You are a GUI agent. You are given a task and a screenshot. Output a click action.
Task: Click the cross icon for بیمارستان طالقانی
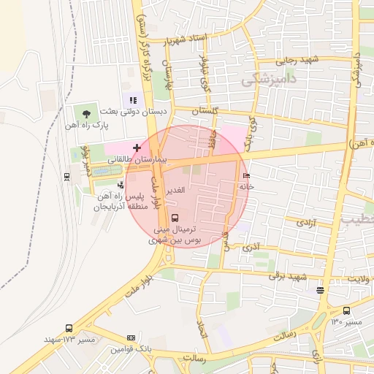coord(137,148)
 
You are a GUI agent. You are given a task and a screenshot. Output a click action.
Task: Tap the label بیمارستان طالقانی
coord(139,159)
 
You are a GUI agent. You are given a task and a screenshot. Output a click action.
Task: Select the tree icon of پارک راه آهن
coord(87,113)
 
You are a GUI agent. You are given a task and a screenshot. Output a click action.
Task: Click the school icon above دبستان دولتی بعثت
coord(132,100)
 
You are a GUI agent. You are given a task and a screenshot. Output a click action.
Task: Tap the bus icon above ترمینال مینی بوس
coord(175,217)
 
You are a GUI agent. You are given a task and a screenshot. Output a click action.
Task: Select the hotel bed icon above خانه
coord(245,176)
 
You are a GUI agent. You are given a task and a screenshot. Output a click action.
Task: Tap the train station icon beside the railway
coord(67,176)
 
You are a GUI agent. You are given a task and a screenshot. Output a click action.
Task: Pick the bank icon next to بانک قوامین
coord(131,337)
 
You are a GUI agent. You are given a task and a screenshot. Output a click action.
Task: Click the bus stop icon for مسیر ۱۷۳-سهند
coord(69,329)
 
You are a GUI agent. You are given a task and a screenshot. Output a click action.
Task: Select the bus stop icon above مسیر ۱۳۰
coord(346,310)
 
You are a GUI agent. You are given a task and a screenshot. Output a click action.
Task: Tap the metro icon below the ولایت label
coord(321,289)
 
